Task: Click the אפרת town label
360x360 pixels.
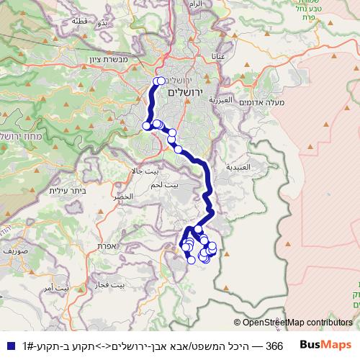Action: (107, 246)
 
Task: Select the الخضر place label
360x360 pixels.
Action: (123, 197)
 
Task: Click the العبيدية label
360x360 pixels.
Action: (238, 166)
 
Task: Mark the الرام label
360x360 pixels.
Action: (194, 4)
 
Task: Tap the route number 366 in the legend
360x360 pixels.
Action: (274, 346)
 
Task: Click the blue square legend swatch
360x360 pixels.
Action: (9, 346)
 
